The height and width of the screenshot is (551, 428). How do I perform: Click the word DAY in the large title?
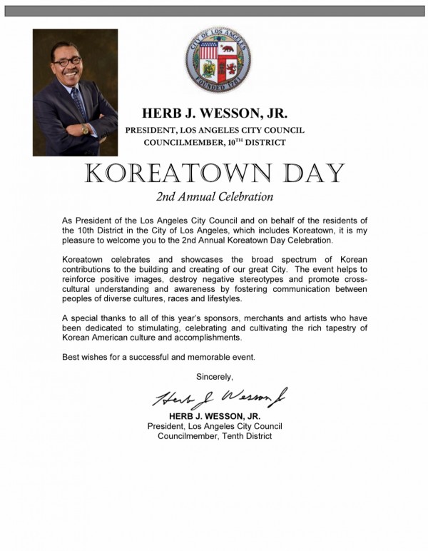click(x=309, y=173)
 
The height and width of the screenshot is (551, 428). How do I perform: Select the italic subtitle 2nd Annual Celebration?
click(x=214, y=195)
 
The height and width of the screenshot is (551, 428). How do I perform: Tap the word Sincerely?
click(x=214, y=375)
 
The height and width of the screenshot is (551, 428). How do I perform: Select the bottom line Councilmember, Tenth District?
click(x=215, y=436)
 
